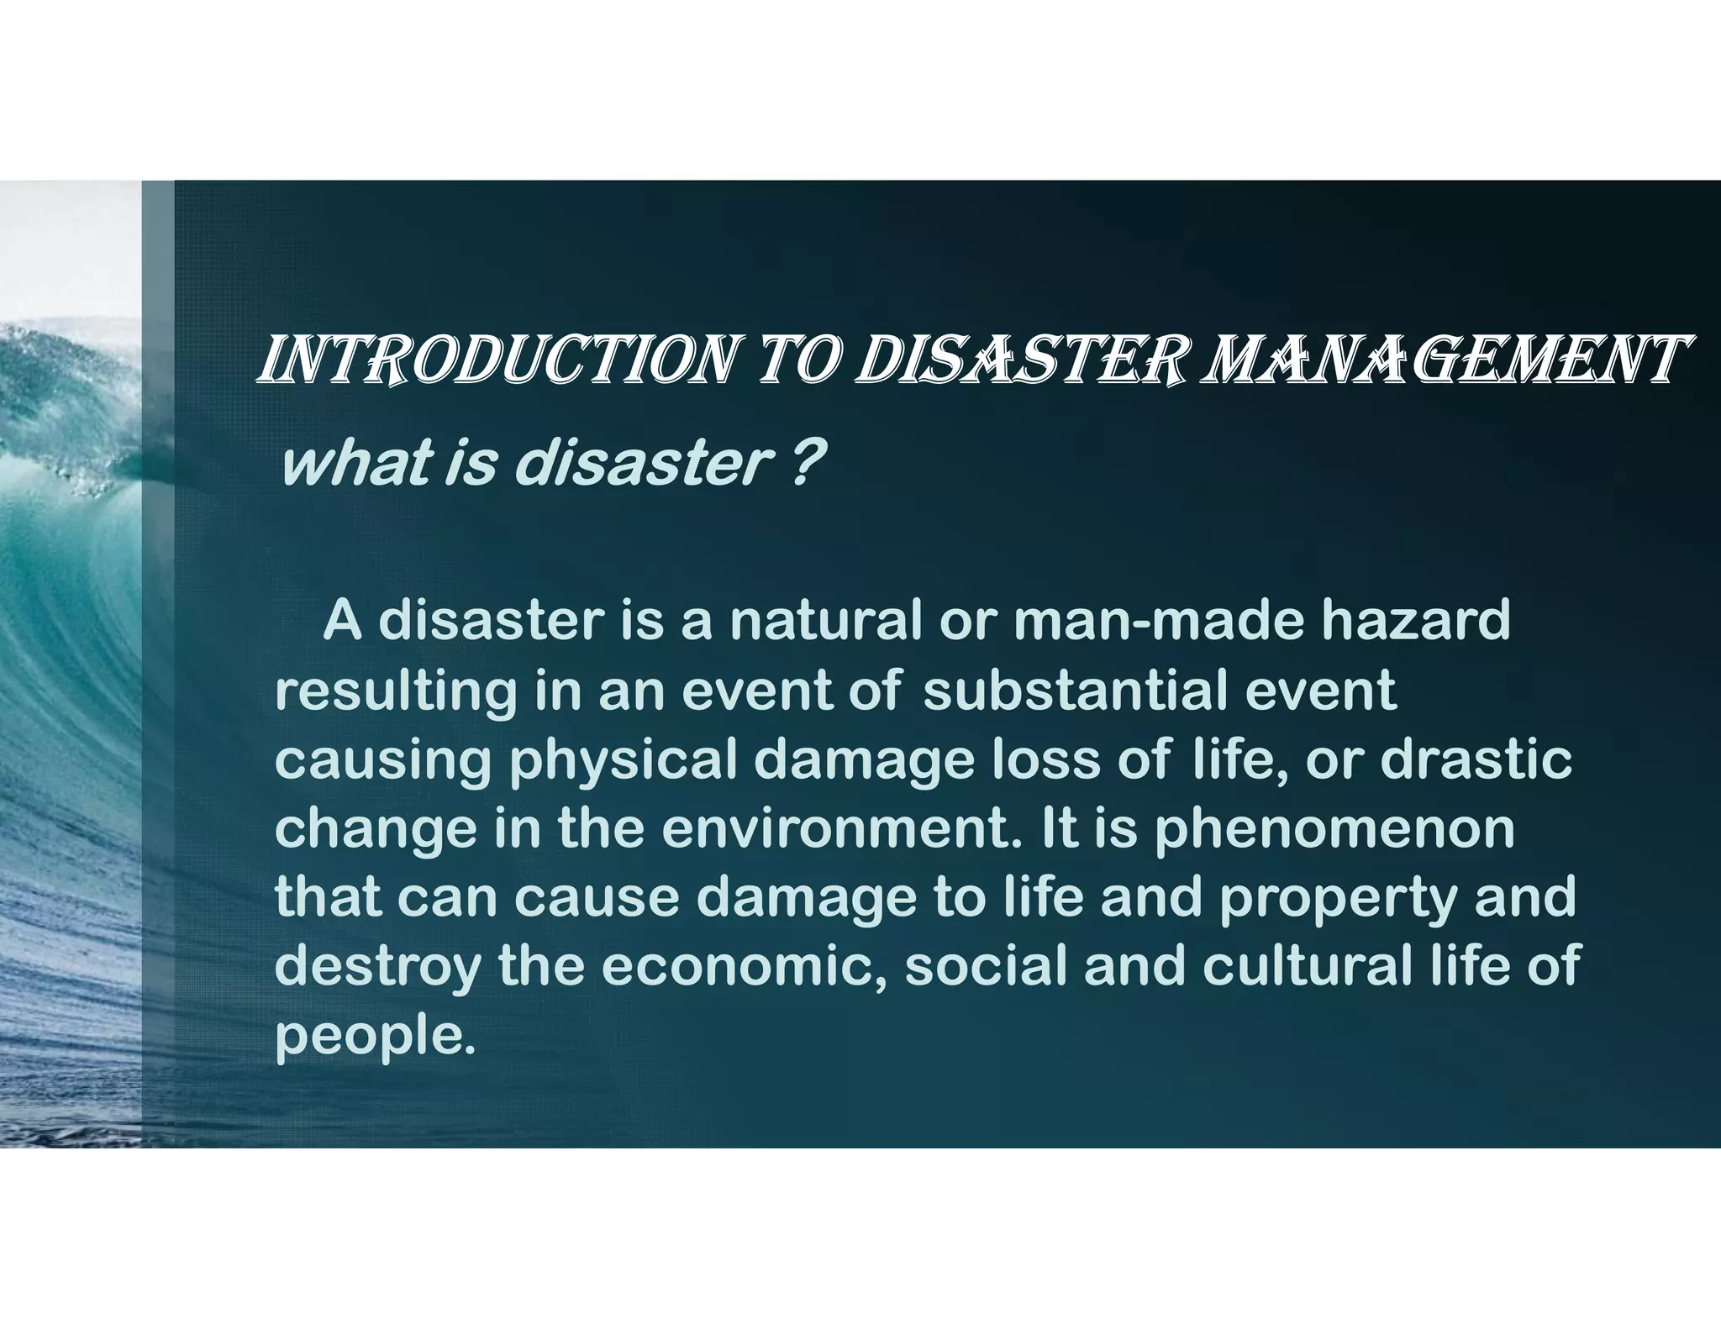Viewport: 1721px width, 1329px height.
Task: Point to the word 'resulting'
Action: pos(395,691)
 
